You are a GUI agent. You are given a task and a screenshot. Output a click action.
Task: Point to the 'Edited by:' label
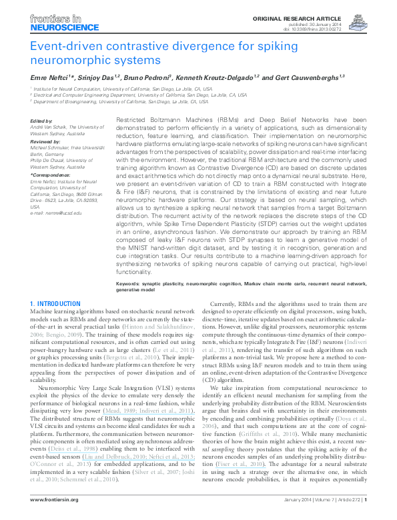pyautogui.click(x=41, y=120)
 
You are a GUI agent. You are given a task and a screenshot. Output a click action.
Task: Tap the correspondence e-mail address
pyautogui.click(x=57, y=213)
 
